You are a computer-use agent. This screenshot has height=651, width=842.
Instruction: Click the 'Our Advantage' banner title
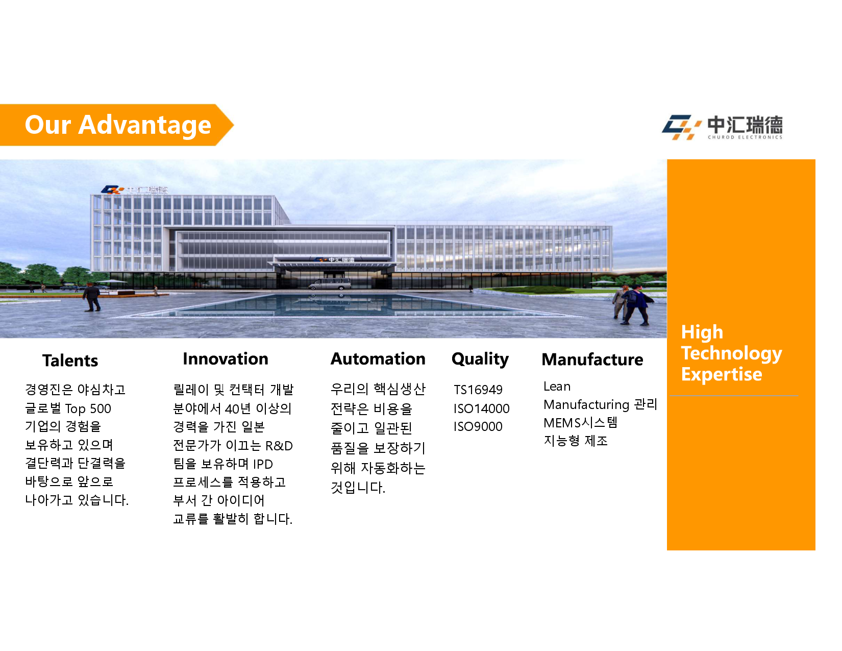(118, 125)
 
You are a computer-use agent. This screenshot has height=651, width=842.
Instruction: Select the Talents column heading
(70, 360)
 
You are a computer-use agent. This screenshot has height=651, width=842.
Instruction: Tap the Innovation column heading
(226, 359)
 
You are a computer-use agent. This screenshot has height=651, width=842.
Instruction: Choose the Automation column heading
(378, 359)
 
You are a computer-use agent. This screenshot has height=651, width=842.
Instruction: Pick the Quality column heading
(480, 360)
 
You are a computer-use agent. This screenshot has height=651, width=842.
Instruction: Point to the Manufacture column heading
(592, 360)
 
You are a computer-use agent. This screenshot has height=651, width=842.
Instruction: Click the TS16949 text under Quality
(478, 390)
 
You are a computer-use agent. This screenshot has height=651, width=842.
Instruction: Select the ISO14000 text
(482, 408)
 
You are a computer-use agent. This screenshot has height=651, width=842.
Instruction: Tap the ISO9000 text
(478, 426)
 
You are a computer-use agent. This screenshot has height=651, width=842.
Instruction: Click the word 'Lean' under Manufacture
(557, 387)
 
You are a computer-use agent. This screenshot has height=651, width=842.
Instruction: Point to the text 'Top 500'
(88, 408)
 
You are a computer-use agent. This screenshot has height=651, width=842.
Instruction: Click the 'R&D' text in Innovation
(279, 446)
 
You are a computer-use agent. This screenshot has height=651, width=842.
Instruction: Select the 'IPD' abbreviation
(263, 464)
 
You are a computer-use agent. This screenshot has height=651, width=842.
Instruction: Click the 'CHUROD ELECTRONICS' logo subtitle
(745, 137)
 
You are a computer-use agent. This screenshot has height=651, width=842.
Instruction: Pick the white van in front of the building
(330, 284)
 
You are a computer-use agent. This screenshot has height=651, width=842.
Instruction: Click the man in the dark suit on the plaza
(92, 297)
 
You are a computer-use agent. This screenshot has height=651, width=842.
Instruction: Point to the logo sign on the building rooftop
(134, 190)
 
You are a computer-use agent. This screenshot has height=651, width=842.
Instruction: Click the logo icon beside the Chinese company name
(681, 127)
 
